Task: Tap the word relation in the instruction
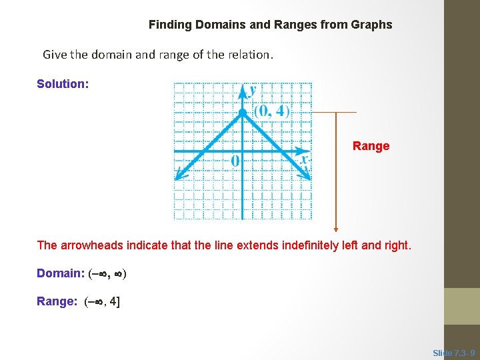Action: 248,55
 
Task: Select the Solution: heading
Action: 61,84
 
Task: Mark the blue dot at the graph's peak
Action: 243,112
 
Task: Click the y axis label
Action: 253,90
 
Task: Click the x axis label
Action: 304,160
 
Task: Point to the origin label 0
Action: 235,161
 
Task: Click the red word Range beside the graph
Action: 371,146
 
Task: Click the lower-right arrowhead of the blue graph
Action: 306,175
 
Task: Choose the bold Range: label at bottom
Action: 57,301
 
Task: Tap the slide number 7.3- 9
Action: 454,353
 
